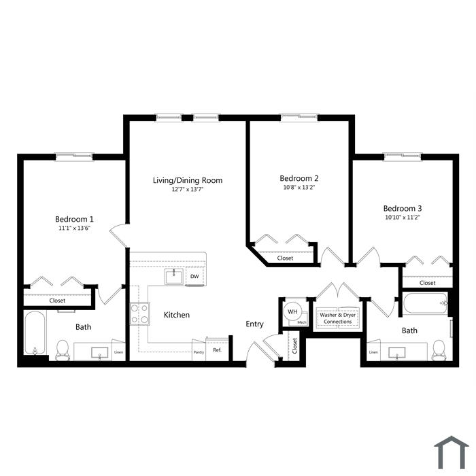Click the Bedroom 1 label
point(74,219)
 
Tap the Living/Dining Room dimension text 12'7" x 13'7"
point(187,190)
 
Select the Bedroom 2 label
point(299,178)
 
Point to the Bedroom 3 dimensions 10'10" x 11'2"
point(403,218)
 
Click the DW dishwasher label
point(194,276)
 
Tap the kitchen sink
point(174,277)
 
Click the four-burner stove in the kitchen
point(139,314)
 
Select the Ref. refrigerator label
point(218,350)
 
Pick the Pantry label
point(199,352)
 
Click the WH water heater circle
point(292,311)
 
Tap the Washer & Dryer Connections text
point(337,318)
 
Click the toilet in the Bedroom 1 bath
point(63,350)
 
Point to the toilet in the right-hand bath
point(438,350)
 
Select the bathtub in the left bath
point(35,333)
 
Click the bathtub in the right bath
point(425,303)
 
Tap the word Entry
point(254,324)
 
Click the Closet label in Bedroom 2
point(285,258)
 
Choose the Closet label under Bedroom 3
point(428,283)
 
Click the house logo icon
point(451,452)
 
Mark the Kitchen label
point(177,315)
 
